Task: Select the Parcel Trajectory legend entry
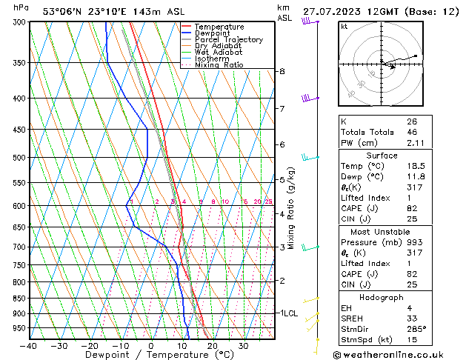[228, 40]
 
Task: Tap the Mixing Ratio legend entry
[219, 65]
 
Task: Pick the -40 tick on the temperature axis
[29, 346]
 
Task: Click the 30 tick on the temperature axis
[243, 346]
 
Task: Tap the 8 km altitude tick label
[282, 71]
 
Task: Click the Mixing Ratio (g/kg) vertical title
[292, 208]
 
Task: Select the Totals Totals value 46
[412, 132]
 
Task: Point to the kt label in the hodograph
[344, 27]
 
